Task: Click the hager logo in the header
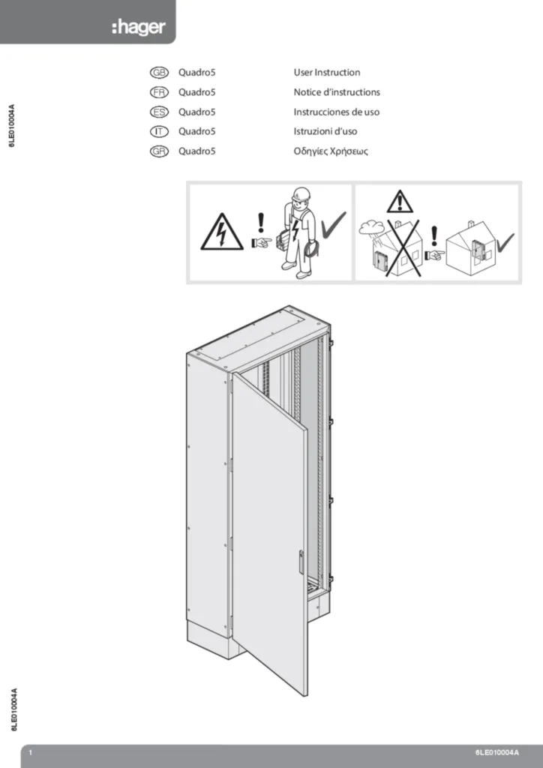click(x=138, y=28)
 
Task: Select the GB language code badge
click(x=159, y=73)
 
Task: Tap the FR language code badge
click(x=159, y=92)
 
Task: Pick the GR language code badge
click(x=159, y=151)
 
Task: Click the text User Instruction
click(x=326, y=73)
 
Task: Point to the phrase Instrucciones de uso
click(x=336, y=112)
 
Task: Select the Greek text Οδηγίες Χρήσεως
click(x=331, y=151)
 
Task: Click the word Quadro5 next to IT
click(x=196, y=132)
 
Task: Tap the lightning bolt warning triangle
click(x=221, y=232)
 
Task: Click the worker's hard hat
click(x=301, y=193)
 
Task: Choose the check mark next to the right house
click(x=505, y=241)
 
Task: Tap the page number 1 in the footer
click(x=30, y=752)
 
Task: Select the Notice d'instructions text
click(x=337, y=92)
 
